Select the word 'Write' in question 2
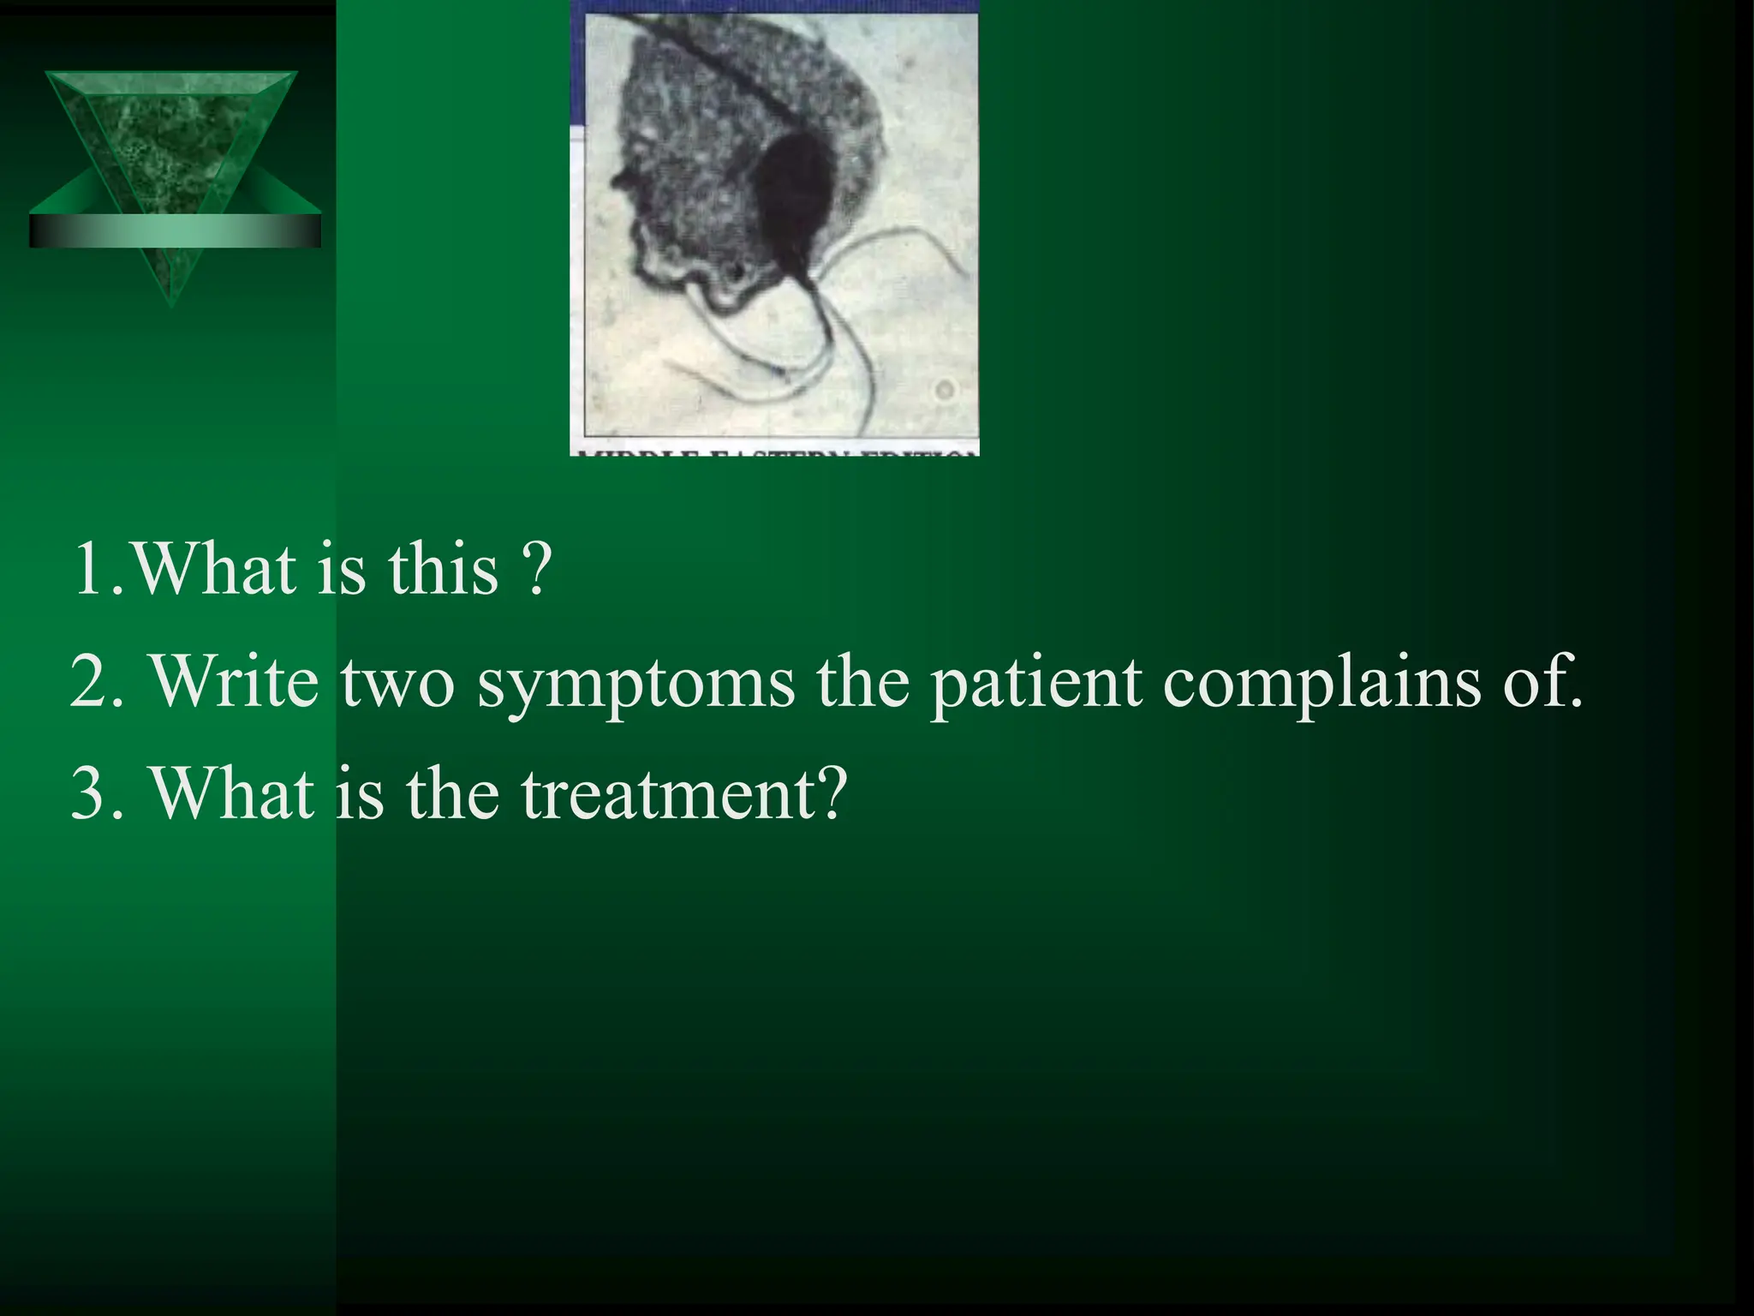234,681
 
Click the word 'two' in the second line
397,681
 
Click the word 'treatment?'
684,793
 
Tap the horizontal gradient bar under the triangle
175,231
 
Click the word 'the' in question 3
452,793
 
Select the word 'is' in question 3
359,793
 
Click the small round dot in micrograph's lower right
945,391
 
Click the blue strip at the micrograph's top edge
774,7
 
